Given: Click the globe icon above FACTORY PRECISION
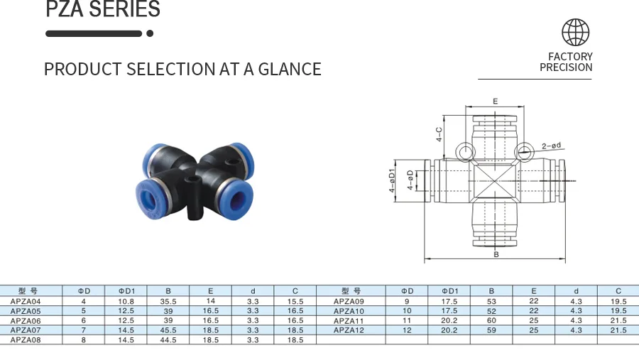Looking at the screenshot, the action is point(575,32).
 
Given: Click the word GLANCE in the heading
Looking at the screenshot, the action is point(290,69).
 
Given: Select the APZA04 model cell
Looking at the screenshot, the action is point(26,301).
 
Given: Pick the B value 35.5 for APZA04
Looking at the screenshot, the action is point(168,301).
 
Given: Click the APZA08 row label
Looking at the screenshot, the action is point(26,340).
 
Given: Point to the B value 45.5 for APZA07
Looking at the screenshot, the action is point(168,330).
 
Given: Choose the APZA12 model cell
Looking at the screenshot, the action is point(349,330).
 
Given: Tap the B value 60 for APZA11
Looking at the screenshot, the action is point(491,320).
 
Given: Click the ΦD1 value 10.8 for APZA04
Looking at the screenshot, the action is point(126,301).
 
